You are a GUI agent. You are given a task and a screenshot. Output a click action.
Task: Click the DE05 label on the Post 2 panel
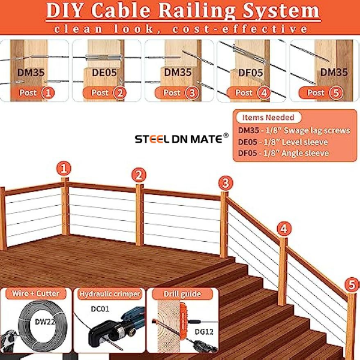[104, 73]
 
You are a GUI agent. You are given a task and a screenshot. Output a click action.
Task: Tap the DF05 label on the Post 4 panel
[250, 73]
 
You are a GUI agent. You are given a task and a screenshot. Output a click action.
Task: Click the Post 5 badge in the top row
[321, 93]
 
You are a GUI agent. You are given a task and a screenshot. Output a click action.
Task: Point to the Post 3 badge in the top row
[177, 93]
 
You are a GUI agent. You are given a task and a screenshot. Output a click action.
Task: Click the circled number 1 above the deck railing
[64, 169]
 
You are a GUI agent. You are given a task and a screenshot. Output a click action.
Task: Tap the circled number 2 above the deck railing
[139, 175]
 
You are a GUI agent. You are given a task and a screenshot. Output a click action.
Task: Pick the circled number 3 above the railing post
[226, 183]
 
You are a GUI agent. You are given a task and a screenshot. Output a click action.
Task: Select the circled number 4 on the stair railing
[284, 229]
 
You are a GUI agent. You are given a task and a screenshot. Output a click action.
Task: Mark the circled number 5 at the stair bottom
[352, 285]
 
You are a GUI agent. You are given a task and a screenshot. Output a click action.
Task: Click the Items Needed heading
[268, 118]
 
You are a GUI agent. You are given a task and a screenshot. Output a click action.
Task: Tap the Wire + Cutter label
[35, 293]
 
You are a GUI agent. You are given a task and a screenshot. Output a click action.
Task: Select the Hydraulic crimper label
[110, 294]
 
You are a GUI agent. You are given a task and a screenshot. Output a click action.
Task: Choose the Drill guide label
[182, 294]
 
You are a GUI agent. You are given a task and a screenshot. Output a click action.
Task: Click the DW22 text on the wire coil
[45, 322]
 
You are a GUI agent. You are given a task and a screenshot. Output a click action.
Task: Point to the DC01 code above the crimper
[100, 309]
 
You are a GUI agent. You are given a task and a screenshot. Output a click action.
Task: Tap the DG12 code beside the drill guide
[204, 332]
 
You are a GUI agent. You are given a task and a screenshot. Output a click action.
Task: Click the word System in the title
[281, 11]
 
